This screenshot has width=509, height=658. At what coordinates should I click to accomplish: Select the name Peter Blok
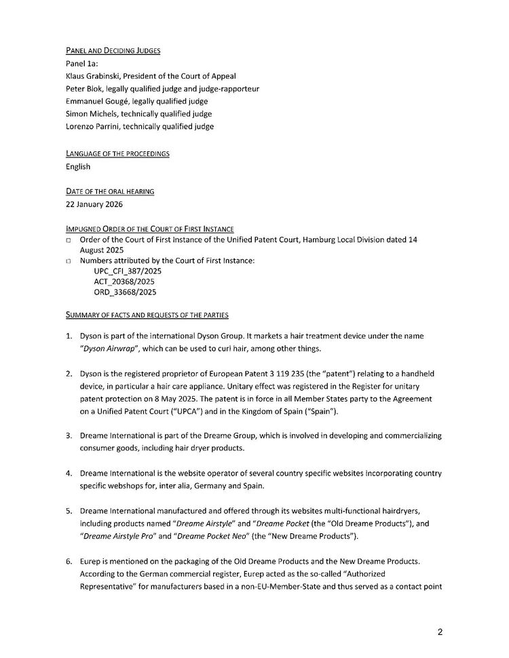[85, 88]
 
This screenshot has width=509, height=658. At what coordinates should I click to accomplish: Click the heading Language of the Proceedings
[117, 154]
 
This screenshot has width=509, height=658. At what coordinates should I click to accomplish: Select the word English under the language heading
[77, 166]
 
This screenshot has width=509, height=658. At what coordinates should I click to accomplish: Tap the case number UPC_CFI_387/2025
[128, 271]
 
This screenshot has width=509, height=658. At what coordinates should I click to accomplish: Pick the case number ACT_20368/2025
[126, 282]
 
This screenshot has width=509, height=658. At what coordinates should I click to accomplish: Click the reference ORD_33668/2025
[126, 292]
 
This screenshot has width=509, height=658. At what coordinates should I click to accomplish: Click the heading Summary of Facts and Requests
[147, 315]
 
